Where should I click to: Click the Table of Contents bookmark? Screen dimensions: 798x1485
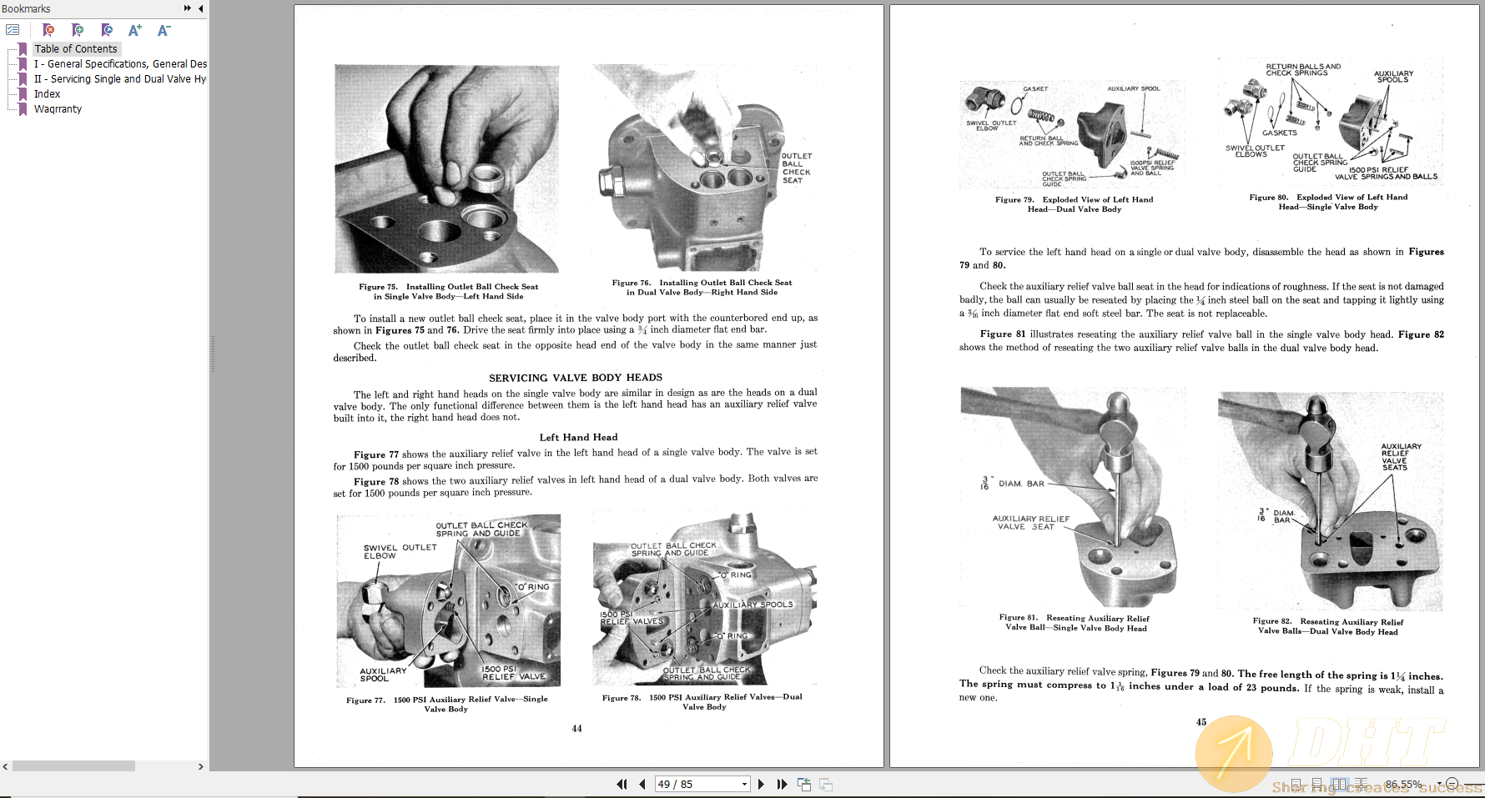75,49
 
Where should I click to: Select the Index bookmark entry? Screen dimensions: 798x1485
47,94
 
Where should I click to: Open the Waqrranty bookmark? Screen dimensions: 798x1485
58,109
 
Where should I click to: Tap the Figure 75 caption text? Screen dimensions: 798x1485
448,291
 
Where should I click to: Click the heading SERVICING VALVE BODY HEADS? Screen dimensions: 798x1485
575,378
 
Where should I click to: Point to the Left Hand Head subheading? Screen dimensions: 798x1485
578,437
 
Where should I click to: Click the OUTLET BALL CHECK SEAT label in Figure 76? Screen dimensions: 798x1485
796,168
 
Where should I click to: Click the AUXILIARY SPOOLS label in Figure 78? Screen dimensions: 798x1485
753,605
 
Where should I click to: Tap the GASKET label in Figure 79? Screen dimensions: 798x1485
1035,88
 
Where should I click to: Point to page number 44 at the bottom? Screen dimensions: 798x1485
576,728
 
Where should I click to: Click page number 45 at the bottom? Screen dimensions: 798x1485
1201,722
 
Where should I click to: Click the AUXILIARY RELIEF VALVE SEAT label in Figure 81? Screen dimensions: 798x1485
1030,522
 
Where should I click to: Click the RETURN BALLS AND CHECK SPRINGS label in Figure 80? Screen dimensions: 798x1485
1302,69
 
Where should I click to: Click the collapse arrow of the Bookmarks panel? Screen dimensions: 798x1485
200,8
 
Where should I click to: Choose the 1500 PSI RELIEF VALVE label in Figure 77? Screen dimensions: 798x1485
512,672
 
